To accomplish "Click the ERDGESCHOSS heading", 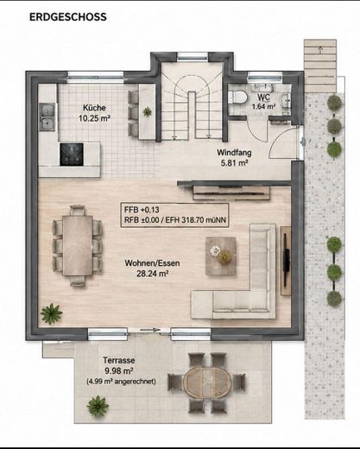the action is click(x=68, y=17).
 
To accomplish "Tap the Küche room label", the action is click(x=94, y=108).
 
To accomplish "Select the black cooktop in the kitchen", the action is click(x=72, y=155).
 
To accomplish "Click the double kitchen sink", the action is click(x=47, y=117).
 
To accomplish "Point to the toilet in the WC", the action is click(x=237, y=97).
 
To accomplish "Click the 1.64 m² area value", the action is click(x=264, y=106).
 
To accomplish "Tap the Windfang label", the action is click(x=234, y=152).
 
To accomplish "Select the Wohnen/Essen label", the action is click(x=152, y=263).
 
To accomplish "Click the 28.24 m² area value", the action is click(x=152, y=274).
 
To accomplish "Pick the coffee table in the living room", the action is click(x=221, y=256).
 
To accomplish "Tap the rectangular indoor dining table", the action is click(x=78, y=245).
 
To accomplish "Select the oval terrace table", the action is click(x=207, y=382).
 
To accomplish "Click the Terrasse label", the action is click(x=119, y=360).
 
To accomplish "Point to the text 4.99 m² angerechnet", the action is click(x=121, y=382).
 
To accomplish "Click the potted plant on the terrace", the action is click(x=98, y=406).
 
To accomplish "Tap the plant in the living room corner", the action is click(x=51, y=313).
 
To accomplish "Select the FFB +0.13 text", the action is click(x=142, y=210).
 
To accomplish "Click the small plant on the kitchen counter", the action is click(x=147, y=111).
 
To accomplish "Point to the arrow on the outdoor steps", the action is click(x=320, y=49).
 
